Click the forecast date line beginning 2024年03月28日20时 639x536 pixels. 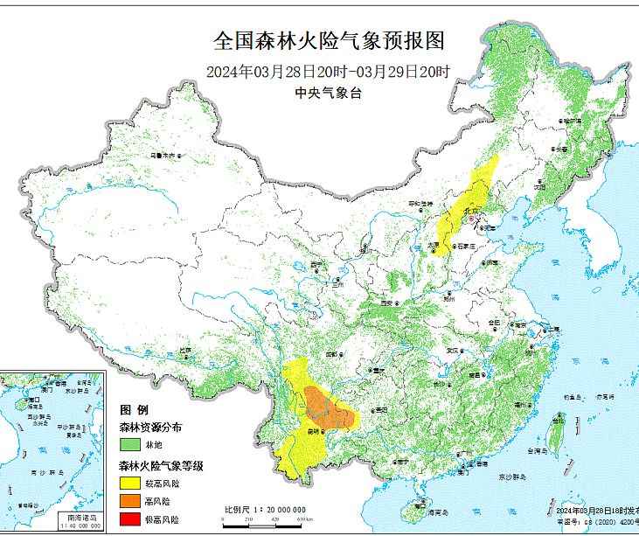(x=329, y=72)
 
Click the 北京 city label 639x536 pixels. (x=473, y=211)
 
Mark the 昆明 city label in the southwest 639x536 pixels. (x=318, y=430)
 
